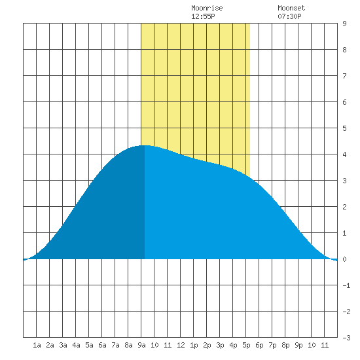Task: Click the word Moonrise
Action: [207, 8]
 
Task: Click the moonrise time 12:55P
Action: [203, 16]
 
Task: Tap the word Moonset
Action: [291, 8]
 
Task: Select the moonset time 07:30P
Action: [289, 16]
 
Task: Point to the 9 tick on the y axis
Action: [344, 24]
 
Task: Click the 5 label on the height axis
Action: [344, 128]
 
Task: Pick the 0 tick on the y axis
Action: [344, 259]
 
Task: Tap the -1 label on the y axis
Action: [346, 285]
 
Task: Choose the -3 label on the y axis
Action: [346, 338]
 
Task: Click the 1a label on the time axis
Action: [37, 345]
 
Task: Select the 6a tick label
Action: [102, 345]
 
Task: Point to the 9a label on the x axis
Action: [141, 345]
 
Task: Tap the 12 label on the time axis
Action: [181, 345]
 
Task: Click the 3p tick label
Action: [220, 345]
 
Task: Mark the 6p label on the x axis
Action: [259, 345]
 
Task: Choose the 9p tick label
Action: [298, 345]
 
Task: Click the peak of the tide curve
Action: [144, 145]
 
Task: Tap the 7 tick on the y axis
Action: [344, 76]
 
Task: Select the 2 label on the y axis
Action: [344, 207]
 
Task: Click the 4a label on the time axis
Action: [76, 345]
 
